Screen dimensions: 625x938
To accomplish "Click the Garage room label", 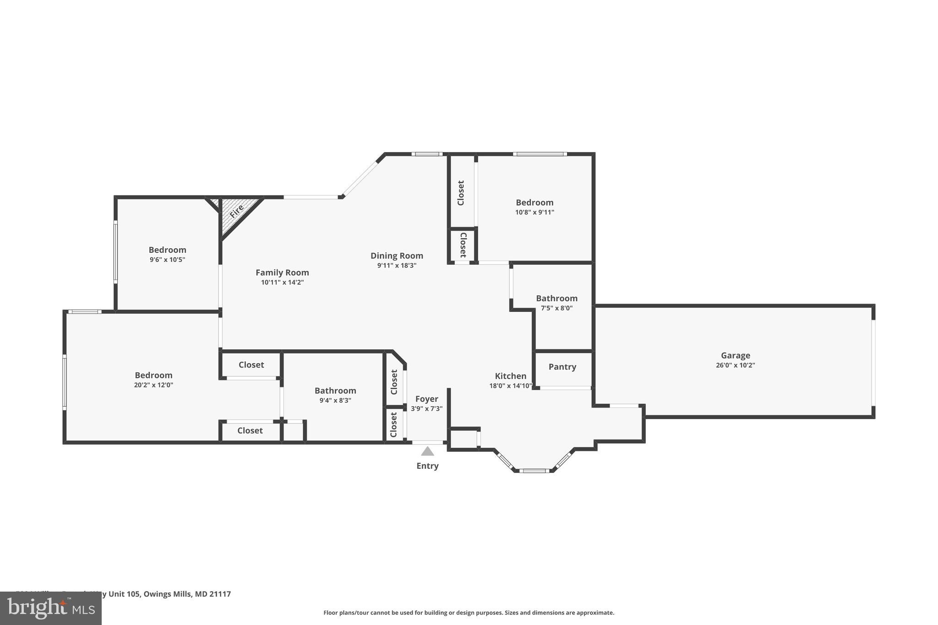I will click(735, 355).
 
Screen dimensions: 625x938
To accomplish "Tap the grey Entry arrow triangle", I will click(427, 451).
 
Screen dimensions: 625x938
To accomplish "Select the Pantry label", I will click(562, 367).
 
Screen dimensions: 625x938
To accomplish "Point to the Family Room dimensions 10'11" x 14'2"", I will click(282, 283).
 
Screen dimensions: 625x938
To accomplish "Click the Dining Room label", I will click(397, 255).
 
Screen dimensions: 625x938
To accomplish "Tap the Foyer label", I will click(426, 399).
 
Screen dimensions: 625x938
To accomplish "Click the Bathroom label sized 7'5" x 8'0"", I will click(556, 298).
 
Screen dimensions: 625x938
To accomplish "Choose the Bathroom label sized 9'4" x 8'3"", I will click(335, 391).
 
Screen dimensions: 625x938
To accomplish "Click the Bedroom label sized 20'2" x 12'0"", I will click(153, 375).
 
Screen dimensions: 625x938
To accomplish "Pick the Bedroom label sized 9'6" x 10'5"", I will click(167, 250).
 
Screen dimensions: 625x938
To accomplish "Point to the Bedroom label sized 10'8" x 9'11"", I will click(534, 202).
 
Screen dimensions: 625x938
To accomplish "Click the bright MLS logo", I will click(51, 609).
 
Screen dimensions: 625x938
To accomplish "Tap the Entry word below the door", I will click(427, 466).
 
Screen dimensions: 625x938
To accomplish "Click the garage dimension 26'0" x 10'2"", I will click(735, 365).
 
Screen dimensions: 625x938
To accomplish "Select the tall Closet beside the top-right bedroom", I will click(461, 193).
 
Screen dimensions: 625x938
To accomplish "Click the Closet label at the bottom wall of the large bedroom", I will click(250, 430).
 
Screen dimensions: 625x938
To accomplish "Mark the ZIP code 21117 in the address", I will click(220, 594).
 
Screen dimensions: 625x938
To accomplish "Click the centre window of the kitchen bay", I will click(534, 470).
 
